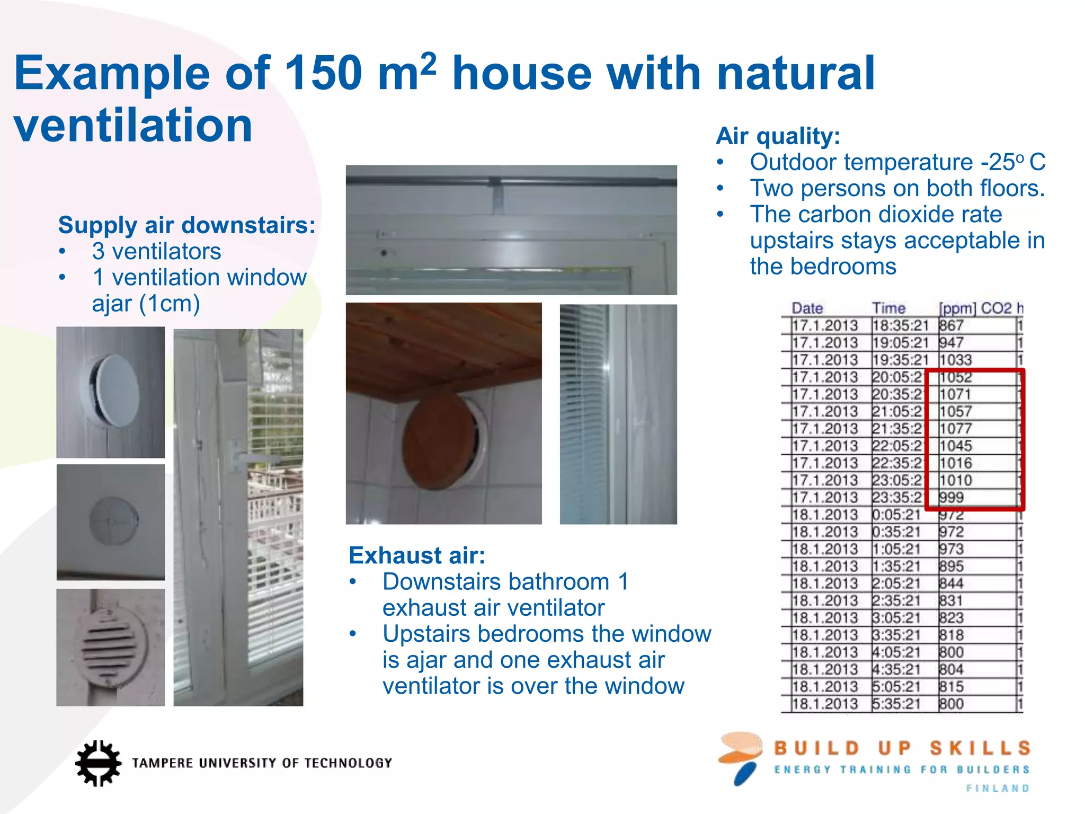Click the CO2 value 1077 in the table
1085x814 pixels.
(956, 429)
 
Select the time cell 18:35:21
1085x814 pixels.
(900, 325)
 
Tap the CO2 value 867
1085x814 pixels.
(951, 325)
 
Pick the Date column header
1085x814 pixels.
(807, 308)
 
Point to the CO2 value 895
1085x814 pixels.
(951, 566)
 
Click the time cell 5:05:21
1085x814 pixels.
(896, 687)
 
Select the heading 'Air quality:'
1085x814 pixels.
(778, 136)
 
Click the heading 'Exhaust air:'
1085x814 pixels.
(417, 555)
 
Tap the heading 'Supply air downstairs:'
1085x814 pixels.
(186, 225)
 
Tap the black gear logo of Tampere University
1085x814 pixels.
(98, 763)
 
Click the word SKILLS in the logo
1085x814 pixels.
(980, 748)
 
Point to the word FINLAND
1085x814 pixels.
(998, 788)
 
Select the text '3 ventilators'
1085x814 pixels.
(156, 251)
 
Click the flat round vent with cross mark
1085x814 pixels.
(113, 521)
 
